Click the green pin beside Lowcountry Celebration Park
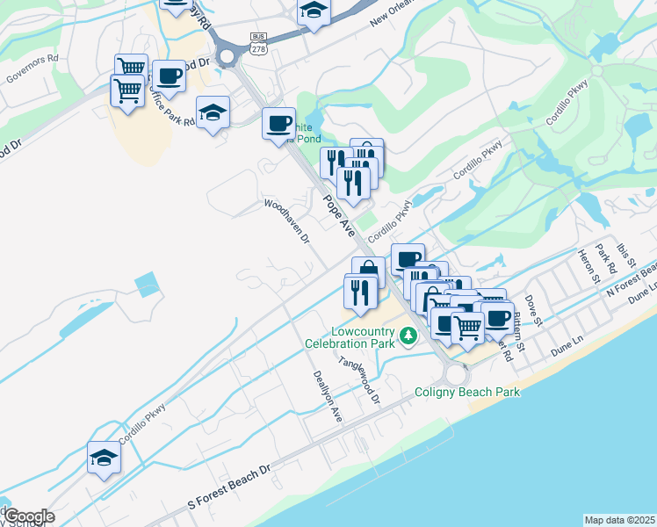408,335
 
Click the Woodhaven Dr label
288,220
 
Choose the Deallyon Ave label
327,396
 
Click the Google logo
28,516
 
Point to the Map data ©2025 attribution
619,520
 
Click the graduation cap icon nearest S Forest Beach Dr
104,458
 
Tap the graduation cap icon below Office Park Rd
213,112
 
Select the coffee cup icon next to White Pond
278,123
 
